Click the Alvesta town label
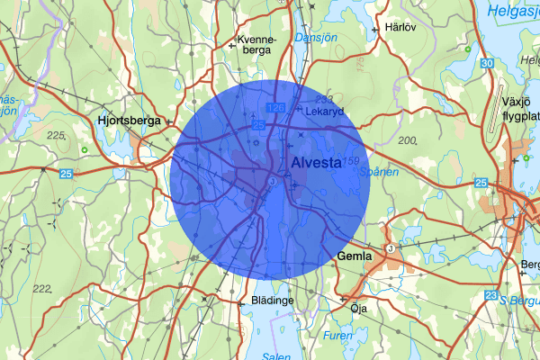317,163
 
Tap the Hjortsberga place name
130,120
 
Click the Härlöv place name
400,26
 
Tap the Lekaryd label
325,112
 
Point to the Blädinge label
273,301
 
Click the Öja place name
360,307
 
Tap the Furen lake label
339,335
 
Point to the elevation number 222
40,289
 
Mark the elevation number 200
407,140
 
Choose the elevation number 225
56,135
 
